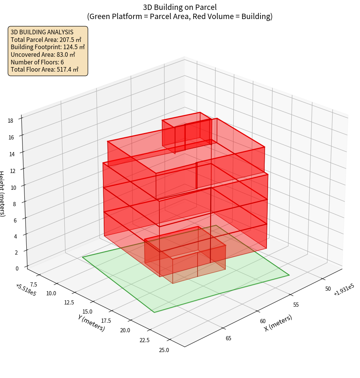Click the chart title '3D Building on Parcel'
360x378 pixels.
[x=180, y=7]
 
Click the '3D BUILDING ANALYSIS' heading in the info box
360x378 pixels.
[x=42, y=32]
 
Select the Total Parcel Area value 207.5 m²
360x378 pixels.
[x=71, y=40]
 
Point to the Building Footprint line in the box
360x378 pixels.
[x=48, y=47]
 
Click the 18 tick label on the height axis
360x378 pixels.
[x=10, y=121]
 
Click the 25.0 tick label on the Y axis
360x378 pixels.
[x=164, y=350]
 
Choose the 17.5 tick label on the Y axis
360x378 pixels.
[x=103, y=321]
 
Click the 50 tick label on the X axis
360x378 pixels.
[x=328, y=288]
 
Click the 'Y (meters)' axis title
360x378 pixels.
[x=91, y=323]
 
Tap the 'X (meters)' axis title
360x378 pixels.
[x=278, y=323]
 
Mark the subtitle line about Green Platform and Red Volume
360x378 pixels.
[x=180, y=16]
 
